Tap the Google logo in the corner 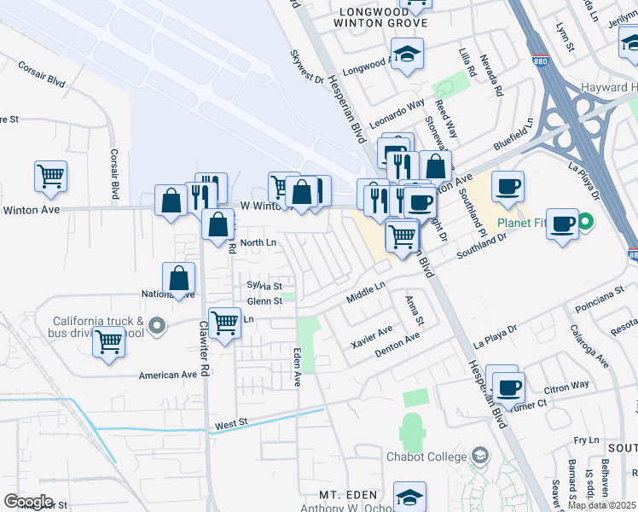28,502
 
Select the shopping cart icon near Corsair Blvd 51,177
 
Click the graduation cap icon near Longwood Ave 409,55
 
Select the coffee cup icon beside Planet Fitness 563,224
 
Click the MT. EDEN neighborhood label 347,495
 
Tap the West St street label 230,423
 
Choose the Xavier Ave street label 372,335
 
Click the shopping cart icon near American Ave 108,342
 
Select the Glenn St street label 264,301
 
